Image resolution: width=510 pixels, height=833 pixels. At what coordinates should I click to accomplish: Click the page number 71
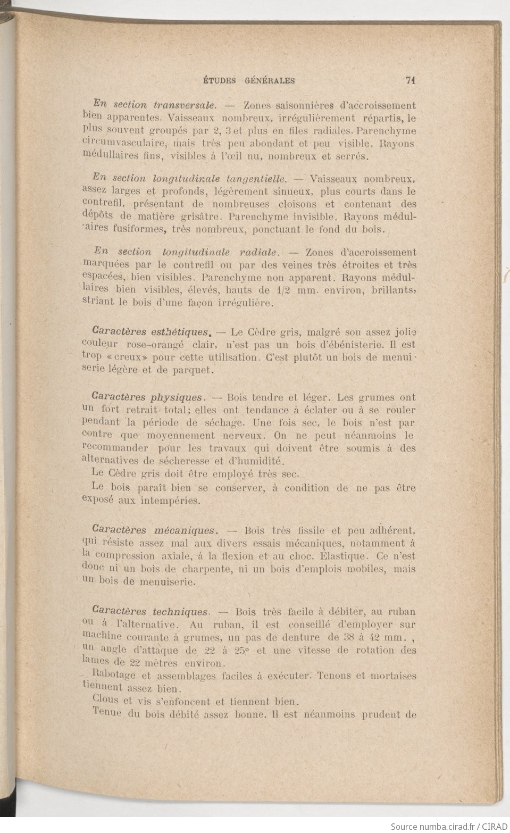(x=409, y=81)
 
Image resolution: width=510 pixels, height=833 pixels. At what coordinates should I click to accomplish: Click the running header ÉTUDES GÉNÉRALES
(x=249, y=81)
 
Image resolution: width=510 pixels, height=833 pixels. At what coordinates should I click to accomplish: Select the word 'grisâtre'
(x=200, y=217)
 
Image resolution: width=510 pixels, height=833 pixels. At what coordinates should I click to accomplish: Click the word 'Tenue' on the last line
(x=105, y=714)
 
